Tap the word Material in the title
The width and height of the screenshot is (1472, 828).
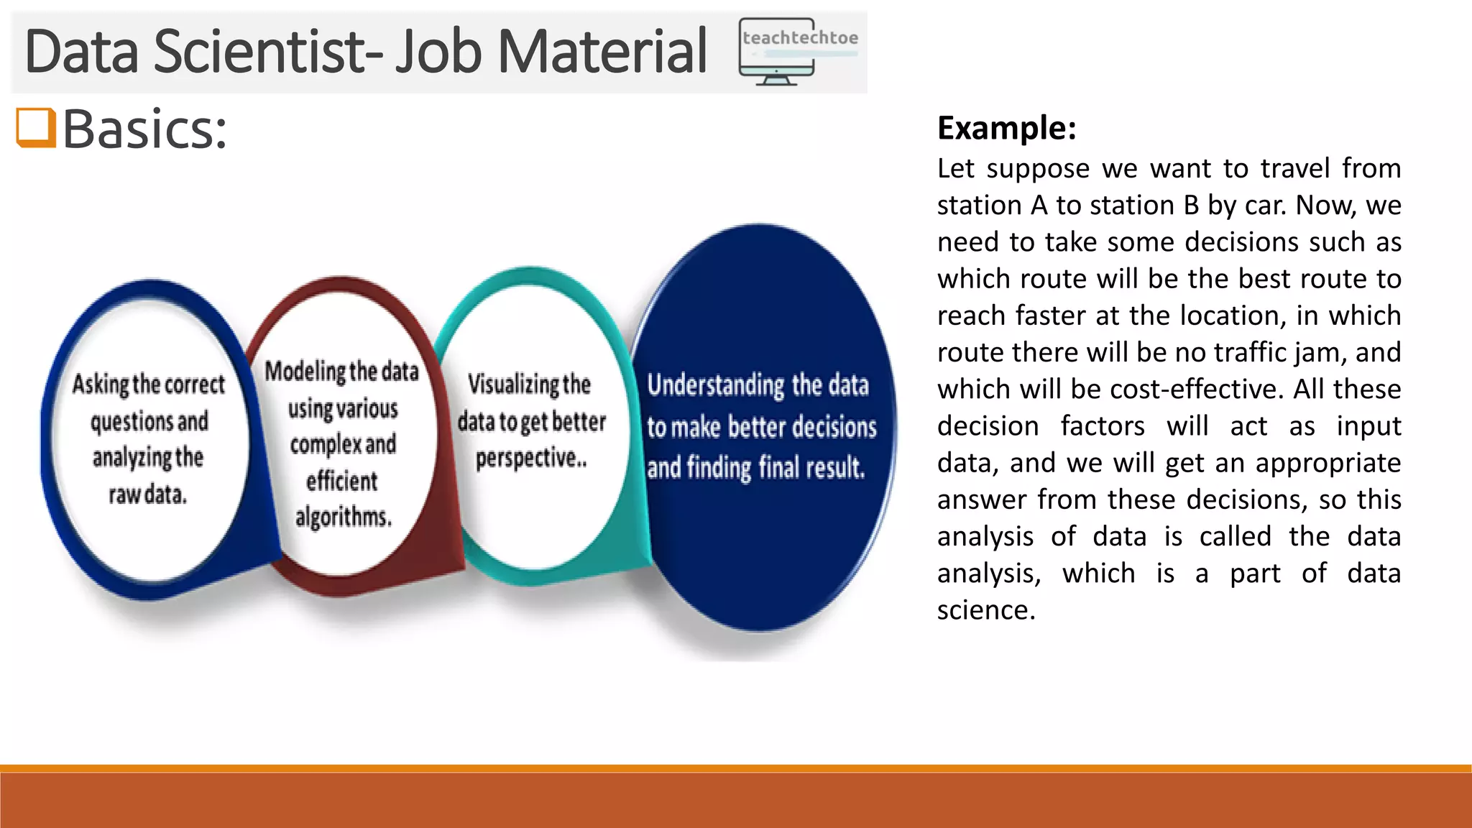click(602, 52)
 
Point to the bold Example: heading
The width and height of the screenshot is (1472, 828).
click(1006, 128)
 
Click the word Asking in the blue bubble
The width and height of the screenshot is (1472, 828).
click(100, 385)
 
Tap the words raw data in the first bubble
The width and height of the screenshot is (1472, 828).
click(147, 494)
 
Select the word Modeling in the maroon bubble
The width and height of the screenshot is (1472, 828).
click(305, 372)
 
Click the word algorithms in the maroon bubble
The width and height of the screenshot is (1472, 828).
click(343, 517)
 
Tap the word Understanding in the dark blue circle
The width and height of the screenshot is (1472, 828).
click(716, 385)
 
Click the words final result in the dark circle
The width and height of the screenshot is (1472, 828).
click(811, 468)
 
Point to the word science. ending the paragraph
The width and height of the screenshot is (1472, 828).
click(986, 609)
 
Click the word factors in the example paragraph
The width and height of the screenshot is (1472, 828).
click(1103, 425)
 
